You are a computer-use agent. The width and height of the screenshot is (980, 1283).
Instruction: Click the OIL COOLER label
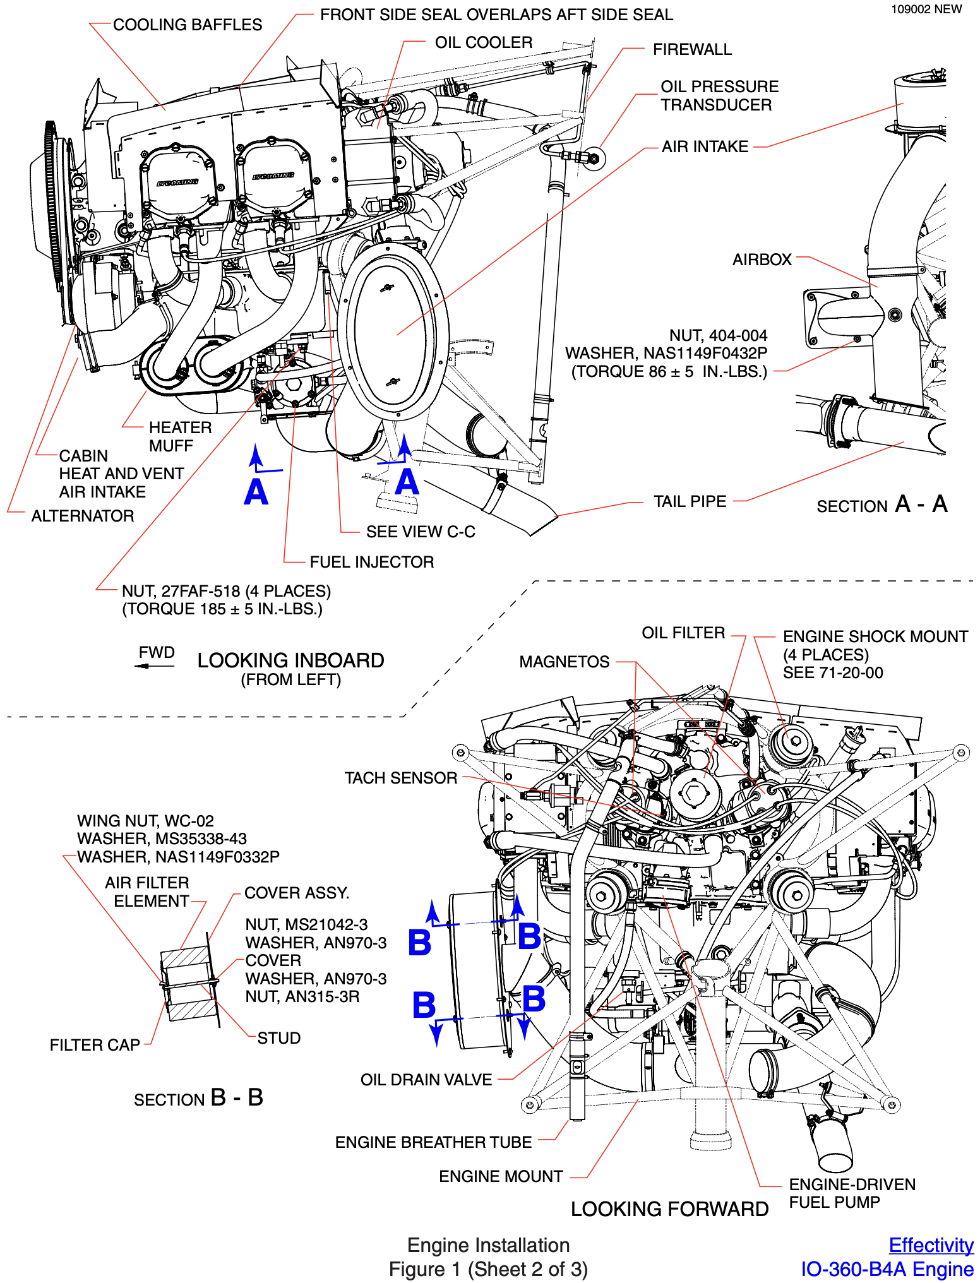tap(483, 42)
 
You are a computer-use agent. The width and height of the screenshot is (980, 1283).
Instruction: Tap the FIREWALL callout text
tap(692, 49)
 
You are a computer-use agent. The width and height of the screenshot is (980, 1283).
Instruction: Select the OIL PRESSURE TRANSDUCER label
tap(719, 95)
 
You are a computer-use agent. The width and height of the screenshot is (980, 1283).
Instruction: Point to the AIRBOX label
tap(762, 260)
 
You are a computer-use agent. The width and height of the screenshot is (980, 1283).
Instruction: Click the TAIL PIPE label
tap(690, 501)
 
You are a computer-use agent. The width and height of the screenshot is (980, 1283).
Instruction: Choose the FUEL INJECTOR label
tap(371, 562)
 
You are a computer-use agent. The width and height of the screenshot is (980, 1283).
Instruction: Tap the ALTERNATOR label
tap(83, 516)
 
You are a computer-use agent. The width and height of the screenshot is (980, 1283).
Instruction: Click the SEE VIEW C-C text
tap(421, 532)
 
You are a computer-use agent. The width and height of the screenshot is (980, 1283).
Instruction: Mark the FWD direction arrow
tap(154, 665)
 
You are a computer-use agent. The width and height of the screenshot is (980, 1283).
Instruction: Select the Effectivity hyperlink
tap(931, 1245)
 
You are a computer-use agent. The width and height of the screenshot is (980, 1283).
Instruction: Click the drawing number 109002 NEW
tap(926, 9)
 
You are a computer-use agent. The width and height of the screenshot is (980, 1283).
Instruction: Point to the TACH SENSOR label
tap(400, 778)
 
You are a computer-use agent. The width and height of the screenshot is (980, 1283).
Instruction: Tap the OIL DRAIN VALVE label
tap(426, 1080)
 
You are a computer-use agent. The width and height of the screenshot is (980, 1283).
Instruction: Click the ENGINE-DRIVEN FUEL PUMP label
tap(852, 1193)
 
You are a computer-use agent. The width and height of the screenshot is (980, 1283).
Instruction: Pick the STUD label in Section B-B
tap(278, 1038)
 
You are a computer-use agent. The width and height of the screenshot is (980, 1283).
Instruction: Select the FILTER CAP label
tap(95, 1045)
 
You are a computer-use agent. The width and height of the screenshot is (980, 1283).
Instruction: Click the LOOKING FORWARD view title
tap(669, 1209)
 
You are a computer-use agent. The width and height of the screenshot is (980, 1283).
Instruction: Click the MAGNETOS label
tap(564, 662)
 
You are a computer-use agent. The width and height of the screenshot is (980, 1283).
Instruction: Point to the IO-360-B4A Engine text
tap(887, 1269)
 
